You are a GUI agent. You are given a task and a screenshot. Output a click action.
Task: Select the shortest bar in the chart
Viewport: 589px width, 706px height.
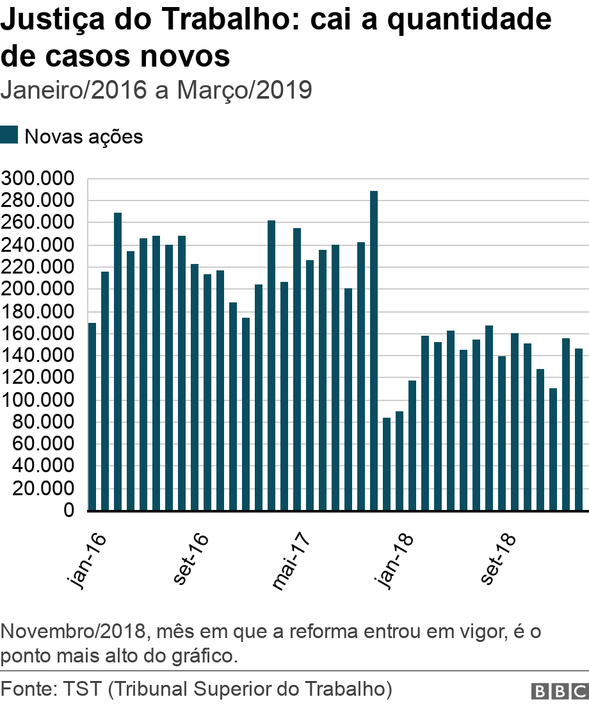[x=387, y=464]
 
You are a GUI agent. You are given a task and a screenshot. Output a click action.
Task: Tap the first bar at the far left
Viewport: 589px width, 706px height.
[x=92, y=416]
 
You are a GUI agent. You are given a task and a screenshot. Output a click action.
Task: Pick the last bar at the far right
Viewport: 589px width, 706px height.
[x=579, y=429]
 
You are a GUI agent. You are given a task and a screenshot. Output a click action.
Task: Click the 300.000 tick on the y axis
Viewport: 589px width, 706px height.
[x=38, y=179]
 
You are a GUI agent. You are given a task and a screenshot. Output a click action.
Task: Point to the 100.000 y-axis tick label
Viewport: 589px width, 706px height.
[x=38, y=400]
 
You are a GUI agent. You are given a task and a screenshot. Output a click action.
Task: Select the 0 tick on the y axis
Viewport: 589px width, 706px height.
[x=68, y=511]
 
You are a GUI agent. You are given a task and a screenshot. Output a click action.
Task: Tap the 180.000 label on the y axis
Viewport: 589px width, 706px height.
[x=38, y=312]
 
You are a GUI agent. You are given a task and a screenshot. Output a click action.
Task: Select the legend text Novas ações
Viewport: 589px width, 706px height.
[x=83, y=136]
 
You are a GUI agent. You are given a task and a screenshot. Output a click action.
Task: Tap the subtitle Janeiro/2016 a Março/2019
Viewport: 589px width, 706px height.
[x=156, y=90]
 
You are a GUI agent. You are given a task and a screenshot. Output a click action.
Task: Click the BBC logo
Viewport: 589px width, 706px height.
[x=559, y=691]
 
